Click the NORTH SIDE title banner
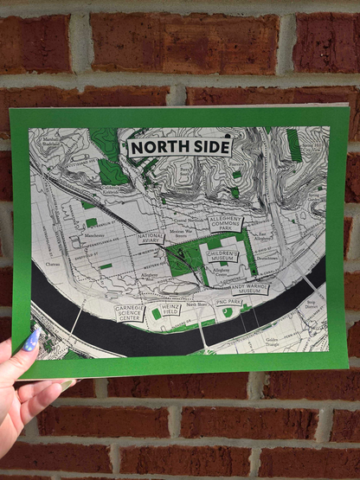180,148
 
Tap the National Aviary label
151,238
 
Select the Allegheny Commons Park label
226,226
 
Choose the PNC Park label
229,302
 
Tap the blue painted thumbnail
33,340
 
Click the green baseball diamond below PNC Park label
228,313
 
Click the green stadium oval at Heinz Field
157,314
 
